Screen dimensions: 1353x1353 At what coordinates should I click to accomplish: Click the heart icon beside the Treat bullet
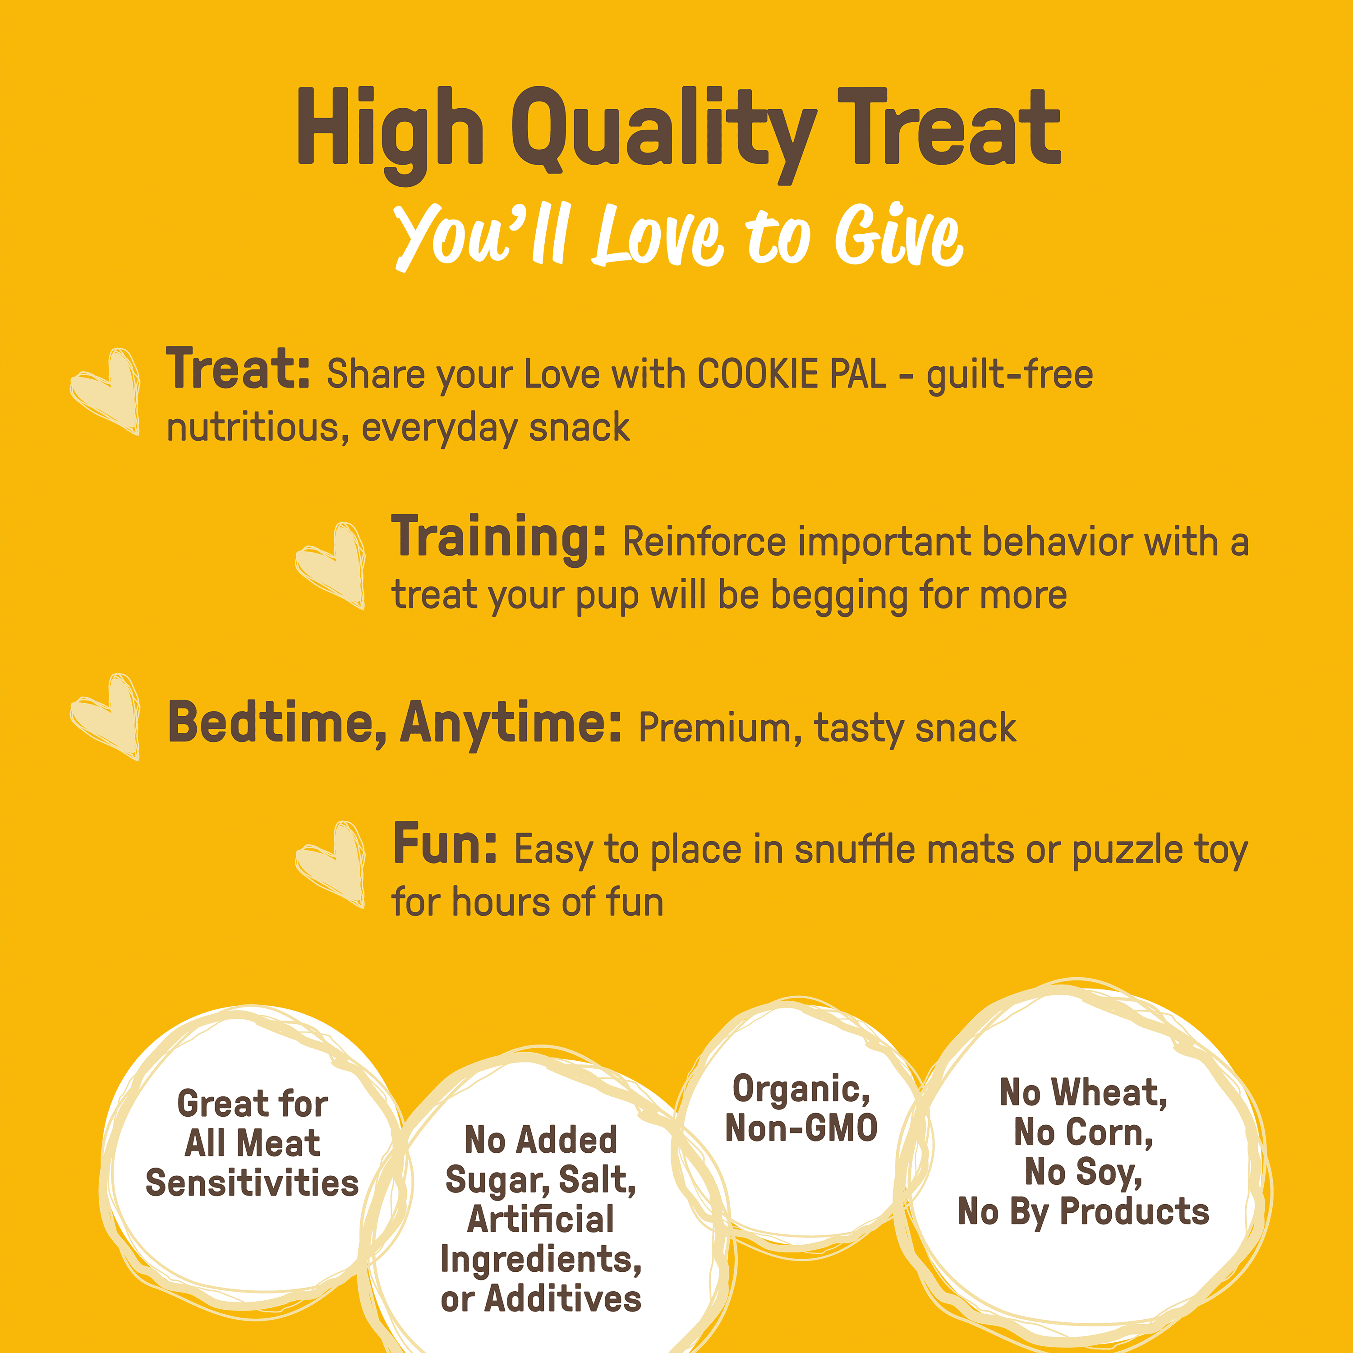click(x=105, y=391)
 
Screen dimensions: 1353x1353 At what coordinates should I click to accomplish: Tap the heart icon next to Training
click(x=331, y=565)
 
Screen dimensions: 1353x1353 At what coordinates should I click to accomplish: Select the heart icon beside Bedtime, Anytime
click(x=105, y=717)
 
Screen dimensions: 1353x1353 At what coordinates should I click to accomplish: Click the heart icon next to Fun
click(x=331, y=864)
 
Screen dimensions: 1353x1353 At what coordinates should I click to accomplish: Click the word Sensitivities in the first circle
click(x=252, y=1183)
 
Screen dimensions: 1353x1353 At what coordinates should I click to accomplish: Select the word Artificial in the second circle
click(x=541, y=1219)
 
